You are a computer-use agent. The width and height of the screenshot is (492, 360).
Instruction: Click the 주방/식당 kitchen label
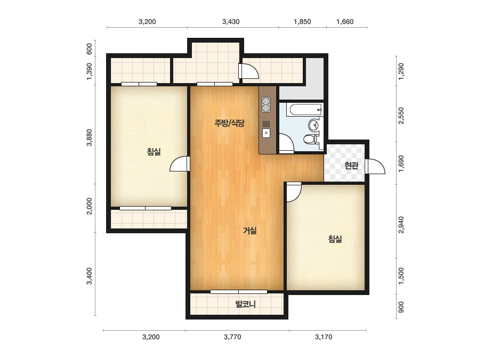pos(229,123)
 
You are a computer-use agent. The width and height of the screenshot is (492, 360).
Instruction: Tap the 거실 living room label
pos(250,231)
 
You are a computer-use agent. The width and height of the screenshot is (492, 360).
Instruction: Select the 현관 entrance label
pos(351,165)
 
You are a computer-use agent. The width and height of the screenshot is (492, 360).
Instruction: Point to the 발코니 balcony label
pos(245,304)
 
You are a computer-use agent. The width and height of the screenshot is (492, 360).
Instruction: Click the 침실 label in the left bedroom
pos(154,152)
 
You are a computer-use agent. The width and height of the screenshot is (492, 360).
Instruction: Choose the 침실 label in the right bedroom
pos(335,239)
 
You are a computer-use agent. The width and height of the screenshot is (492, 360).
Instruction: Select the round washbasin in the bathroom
pos(313,125)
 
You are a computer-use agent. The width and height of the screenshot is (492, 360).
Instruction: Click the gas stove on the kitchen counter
pos(266,104)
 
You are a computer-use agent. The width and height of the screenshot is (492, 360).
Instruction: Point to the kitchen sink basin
pos(266,133)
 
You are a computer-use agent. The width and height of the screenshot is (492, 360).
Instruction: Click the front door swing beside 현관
pos(376,166)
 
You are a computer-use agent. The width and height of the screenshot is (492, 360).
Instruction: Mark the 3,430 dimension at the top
pos(231,22)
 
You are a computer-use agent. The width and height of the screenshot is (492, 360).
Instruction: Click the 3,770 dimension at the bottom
pos(232,337)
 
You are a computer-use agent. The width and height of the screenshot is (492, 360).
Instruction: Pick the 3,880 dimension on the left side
pos(90,137)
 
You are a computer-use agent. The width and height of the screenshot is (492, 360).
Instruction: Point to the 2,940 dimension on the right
pos(401,225)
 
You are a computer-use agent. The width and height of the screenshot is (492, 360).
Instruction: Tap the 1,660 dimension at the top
pos(345,22)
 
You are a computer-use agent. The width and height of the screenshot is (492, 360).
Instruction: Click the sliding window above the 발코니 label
pos(238,292)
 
